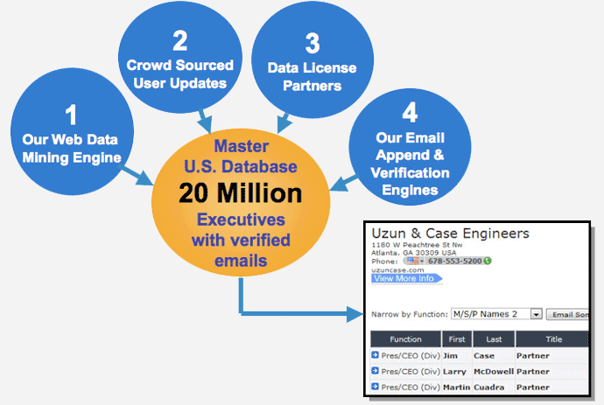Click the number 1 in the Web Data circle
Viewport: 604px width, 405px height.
click(71, 115)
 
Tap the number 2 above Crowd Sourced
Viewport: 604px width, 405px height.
click(180, 41)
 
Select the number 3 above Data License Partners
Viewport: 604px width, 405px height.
click(313, 43)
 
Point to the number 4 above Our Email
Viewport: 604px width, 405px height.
click(410, 113)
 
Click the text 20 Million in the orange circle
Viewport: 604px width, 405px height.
click(241, 192)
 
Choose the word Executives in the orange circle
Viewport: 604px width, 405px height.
click(241, 220)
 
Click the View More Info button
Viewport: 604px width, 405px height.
click(406, 278)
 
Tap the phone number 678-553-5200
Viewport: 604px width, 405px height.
click(454, 261)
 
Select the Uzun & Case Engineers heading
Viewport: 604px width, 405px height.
click(450, 234)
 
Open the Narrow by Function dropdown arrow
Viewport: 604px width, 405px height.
click(536, 314)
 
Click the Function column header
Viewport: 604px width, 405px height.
click(405, 339)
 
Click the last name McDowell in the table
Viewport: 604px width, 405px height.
click(494, 372)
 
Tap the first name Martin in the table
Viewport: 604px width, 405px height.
click(456, 388)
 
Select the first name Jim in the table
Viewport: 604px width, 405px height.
click(450, 356)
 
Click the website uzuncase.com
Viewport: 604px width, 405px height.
click(397, 270)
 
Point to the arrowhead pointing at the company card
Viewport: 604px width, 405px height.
click(355, 314)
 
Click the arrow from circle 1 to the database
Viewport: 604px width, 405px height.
click(137, 175)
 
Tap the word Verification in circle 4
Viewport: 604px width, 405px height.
click(410, 173)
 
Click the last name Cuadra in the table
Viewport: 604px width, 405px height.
click(488, 388)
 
